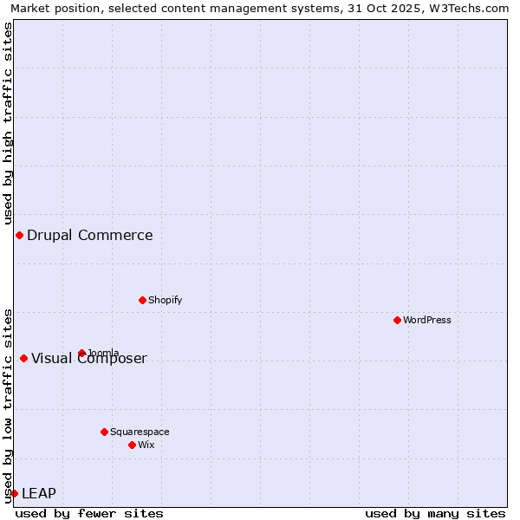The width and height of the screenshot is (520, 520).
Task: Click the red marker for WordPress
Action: (x=397, y=320)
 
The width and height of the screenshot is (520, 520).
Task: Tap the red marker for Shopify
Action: (x=142, y=300)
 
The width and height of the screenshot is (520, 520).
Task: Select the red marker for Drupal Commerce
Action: (x=19, y=235)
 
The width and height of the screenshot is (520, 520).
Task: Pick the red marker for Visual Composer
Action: (x=23, y=358)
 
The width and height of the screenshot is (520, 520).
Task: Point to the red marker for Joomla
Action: (x=81, y=353)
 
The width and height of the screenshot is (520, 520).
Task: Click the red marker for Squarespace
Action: (x=104, y=432)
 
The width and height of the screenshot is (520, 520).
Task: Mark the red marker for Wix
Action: (x=132, y=445)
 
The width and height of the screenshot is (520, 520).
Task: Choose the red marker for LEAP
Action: (x=14, y=493)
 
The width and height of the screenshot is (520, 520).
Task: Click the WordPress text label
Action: (x=427, y=320)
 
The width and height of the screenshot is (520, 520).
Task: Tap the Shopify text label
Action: (x=165, y=300)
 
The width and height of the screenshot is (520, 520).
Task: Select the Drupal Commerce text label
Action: (x=90, y=235)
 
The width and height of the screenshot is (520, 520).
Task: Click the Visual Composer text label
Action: (x=89, y=359)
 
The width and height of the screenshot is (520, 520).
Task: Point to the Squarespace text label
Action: (x=140, y=432)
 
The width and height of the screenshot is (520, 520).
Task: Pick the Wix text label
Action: (x=146, y=445)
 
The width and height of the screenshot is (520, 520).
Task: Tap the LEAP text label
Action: (x=39, y=493)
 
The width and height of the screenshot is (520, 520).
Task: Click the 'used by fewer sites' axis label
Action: (x=89, y=513)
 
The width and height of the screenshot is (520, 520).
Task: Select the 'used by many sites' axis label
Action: (x=435, y=513)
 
